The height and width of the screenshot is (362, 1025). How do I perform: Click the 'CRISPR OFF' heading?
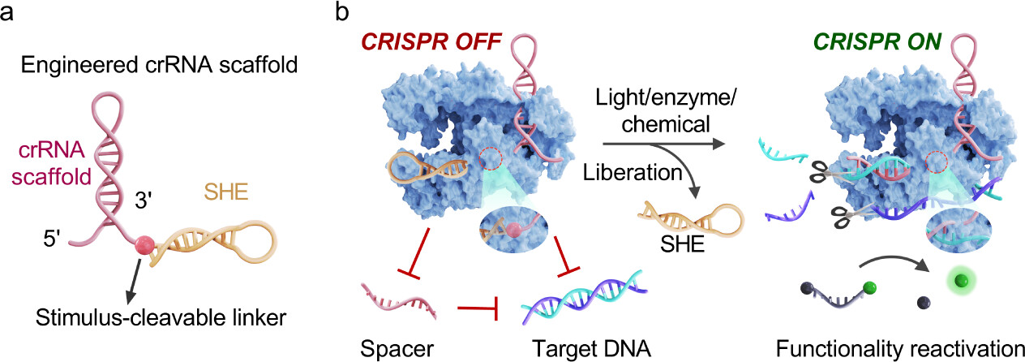point(421,40)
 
